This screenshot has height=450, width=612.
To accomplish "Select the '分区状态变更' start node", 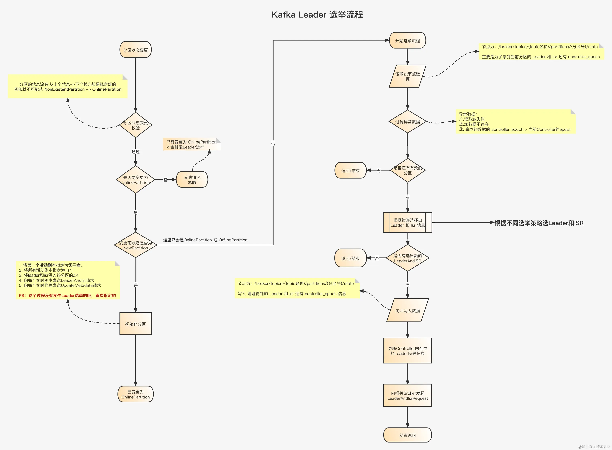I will pyautogui.click(x=135, y=50).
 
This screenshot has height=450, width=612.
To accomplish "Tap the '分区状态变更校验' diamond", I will pyautogui.click(x=135, y=125).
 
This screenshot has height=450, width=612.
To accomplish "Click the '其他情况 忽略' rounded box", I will pyautogui.click(x=192, y=180).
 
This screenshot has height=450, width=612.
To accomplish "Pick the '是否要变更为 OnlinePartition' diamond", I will pyautogui.click(x=135, y=180).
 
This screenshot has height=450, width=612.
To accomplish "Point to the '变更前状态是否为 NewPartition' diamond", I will pyautogui.click(x=135, y=245).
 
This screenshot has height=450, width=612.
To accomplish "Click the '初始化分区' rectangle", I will pyautogui.click(x=135, y=324).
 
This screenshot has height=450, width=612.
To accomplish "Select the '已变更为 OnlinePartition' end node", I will pyautogui.click(x=135, y=394).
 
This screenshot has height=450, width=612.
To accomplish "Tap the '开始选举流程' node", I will pyautogui.click(x=407, y=41).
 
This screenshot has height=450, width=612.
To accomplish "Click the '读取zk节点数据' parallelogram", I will pyautogui.click(x=407, y=76).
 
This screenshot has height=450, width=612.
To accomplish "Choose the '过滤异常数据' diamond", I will pyautogui.click(x=407, y=122).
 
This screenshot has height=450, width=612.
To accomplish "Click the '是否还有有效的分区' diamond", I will pyautogui.click(x=407, y=170).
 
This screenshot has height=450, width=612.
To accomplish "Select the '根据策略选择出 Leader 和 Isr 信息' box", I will pyautogui.click(x=407, y=222).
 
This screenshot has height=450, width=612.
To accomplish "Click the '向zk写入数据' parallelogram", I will pyautogui.click(x=407, y=311).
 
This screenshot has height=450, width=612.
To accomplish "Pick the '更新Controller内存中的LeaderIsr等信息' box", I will pyautogui.click(x=407, y=351).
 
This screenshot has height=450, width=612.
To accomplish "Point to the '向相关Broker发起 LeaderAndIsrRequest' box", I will pyautogui.click(x=407, y=396).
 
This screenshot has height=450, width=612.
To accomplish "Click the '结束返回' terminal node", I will pyautogui.click(x=407, y=435).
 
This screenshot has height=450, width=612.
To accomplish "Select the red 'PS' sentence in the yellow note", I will pyautogui.click(x=67, y=296).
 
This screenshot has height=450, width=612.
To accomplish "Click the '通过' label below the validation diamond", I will pyautogui.click(x=135, y=152).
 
